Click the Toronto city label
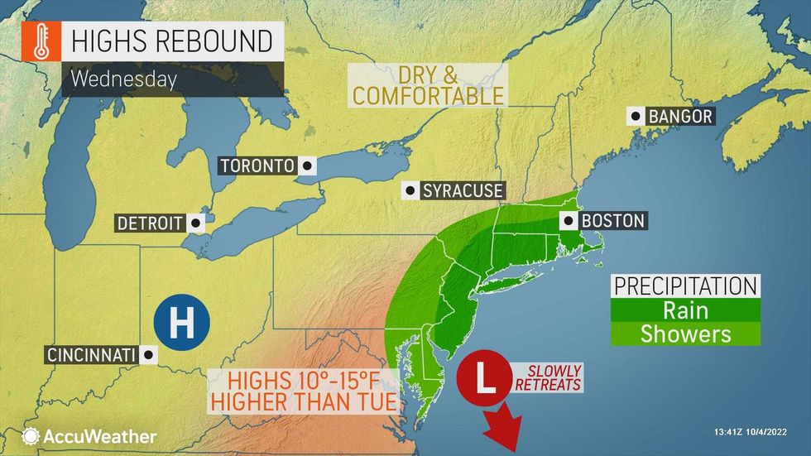[x=257, y=166]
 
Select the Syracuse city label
[x=463, y=191]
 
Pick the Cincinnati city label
[x=89, y=354]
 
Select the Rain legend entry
[x=685, y=310]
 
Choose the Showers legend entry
[x=685, y=334]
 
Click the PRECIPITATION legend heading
[x=685, y=286]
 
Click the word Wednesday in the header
[x=123, y=80]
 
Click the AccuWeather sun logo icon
[x=31, y=436]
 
